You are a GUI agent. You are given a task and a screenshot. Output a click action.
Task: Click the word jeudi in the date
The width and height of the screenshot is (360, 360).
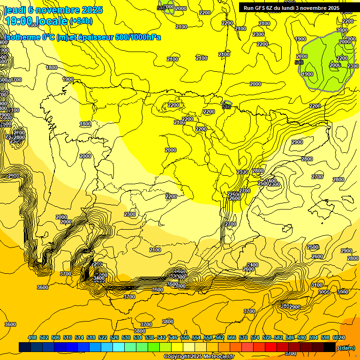pos(15,10)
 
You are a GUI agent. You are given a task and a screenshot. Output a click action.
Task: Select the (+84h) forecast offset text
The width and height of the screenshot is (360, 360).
pos(81,21)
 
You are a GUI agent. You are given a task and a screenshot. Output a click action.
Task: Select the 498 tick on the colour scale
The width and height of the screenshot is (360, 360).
pos(32,338)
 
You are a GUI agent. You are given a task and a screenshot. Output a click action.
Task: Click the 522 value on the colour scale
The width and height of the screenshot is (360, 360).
pos(103,338)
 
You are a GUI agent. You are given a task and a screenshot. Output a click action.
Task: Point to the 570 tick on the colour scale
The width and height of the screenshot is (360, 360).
pos(243,338)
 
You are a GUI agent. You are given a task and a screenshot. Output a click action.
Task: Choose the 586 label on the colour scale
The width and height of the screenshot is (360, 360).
pos(290,338)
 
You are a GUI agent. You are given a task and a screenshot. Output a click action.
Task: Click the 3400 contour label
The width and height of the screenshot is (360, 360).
pos(99,278)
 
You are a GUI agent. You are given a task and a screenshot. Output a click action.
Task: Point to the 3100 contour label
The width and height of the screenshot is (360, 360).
pos(317,285)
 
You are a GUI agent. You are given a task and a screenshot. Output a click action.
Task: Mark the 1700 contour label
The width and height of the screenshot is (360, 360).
pos(16,80)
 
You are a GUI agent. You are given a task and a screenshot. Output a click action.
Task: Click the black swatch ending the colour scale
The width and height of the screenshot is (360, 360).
pos(330,347)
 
